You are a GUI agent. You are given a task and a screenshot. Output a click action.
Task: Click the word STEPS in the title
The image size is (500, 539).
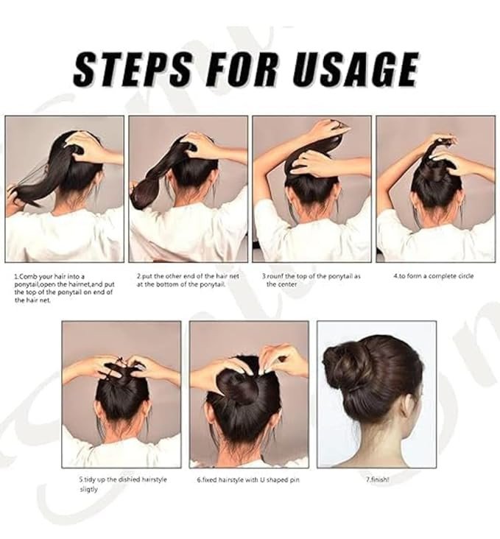[x=133, y=69]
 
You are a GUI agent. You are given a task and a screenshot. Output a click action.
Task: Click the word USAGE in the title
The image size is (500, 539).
[x=356, y=69]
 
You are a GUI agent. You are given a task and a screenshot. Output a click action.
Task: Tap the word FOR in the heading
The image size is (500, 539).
[x=242, y=69]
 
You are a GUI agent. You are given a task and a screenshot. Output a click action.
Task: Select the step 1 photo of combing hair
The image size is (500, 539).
[x=64, y=189]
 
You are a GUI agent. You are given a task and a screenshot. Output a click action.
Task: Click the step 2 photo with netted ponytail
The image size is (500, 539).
[x=188, y=189]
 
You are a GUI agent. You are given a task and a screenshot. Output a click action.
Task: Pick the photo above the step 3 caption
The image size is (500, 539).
[x=312, y=189]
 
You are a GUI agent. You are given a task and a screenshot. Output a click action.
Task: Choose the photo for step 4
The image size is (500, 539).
[x=436, y=189]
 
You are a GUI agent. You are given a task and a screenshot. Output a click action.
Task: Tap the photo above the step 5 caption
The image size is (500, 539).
[x=122, y=394]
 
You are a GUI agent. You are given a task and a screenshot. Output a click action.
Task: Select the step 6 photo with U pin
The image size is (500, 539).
[x=249, y=394]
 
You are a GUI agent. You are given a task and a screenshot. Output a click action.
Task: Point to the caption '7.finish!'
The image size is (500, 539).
[x=378, y=479]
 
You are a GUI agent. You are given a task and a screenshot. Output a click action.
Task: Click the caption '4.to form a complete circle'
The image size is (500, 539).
[x=433, y=276]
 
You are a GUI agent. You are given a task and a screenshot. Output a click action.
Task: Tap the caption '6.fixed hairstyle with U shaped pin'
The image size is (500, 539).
[x=248, y=479]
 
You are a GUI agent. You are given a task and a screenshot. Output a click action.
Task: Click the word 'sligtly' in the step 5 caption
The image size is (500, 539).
[x=88, y=489]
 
